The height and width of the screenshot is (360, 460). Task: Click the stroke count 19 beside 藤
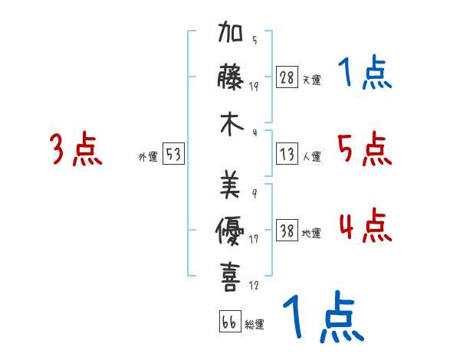coord(254,86)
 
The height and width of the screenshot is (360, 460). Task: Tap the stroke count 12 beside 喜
coord(254,286)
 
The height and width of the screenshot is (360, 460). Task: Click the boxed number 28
coord(287,77)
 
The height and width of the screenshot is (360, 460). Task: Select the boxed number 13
coord(287,154)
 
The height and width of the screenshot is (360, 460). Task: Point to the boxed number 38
coord(287,231)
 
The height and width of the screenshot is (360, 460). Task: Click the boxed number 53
coord(173,155)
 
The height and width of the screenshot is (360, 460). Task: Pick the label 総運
coord(254,324)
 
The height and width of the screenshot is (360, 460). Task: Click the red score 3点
coord(75,150)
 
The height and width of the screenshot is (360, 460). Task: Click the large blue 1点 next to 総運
coord(323,317)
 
